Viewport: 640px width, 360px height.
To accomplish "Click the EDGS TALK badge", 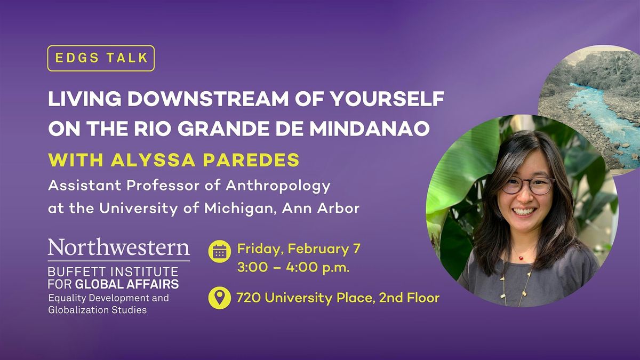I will [x=101, y=58].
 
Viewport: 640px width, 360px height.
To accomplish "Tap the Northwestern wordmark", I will [x=118, y=247].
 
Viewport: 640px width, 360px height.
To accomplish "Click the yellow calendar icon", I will [x=219, y=251].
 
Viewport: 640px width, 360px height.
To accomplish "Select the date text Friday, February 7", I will [x=299, y=249].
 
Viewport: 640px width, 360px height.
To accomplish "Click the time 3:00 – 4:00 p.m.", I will [x=293, y=268].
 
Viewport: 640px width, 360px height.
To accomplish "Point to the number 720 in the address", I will [x=249, y=298].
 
